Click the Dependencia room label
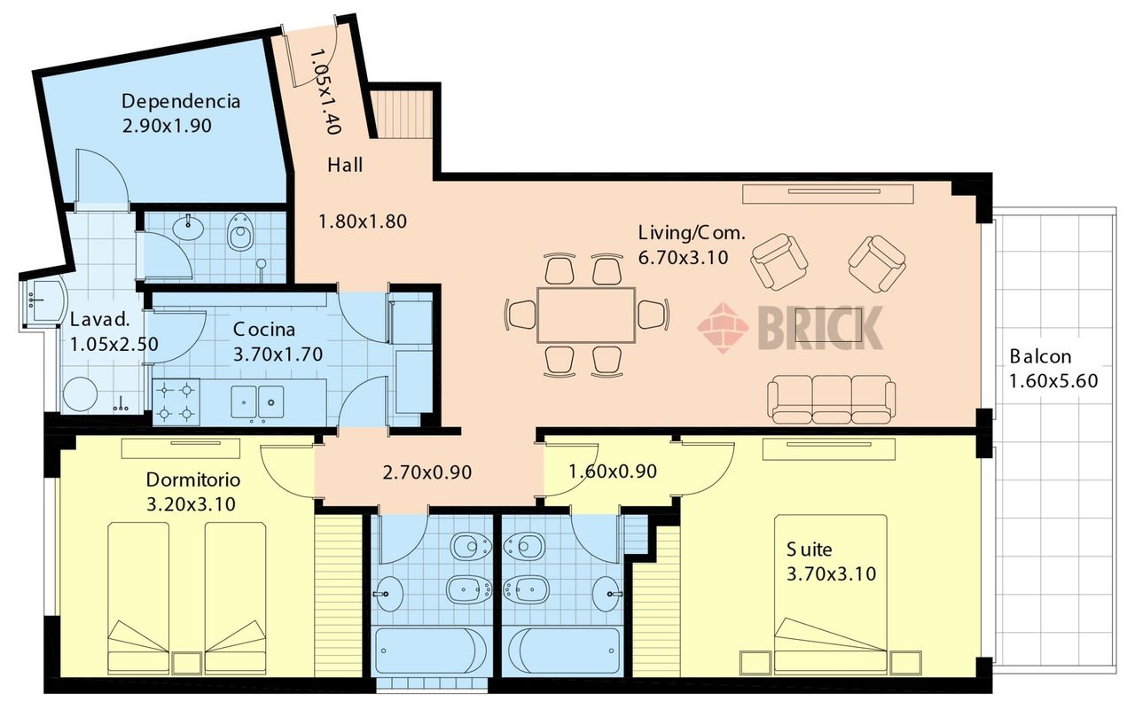(x=181, y=101)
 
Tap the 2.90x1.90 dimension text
(x=167, y=126)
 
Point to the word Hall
(x=345, y=165)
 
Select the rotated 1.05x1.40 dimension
(x=325, y=91)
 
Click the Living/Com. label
(x=692, y=233)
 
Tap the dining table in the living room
(x=586, y=315)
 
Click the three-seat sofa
(x=832, y=400)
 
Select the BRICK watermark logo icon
(x=723, y=328)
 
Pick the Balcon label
(x=1040, y=356)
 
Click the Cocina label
(x=264, y=330)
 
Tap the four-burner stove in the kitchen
(x=176, y=402)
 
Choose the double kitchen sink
(x=257, y=402)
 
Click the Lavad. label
(x=100, y=320)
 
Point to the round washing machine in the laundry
(x=80, y=395)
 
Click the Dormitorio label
(x=193, y=479)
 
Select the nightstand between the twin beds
(x=187, y=663)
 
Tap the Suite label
(x=810, y=549)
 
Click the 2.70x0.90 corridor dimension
(x=427, y=472)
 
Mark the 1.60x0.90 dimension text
(x=613, y=471)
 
